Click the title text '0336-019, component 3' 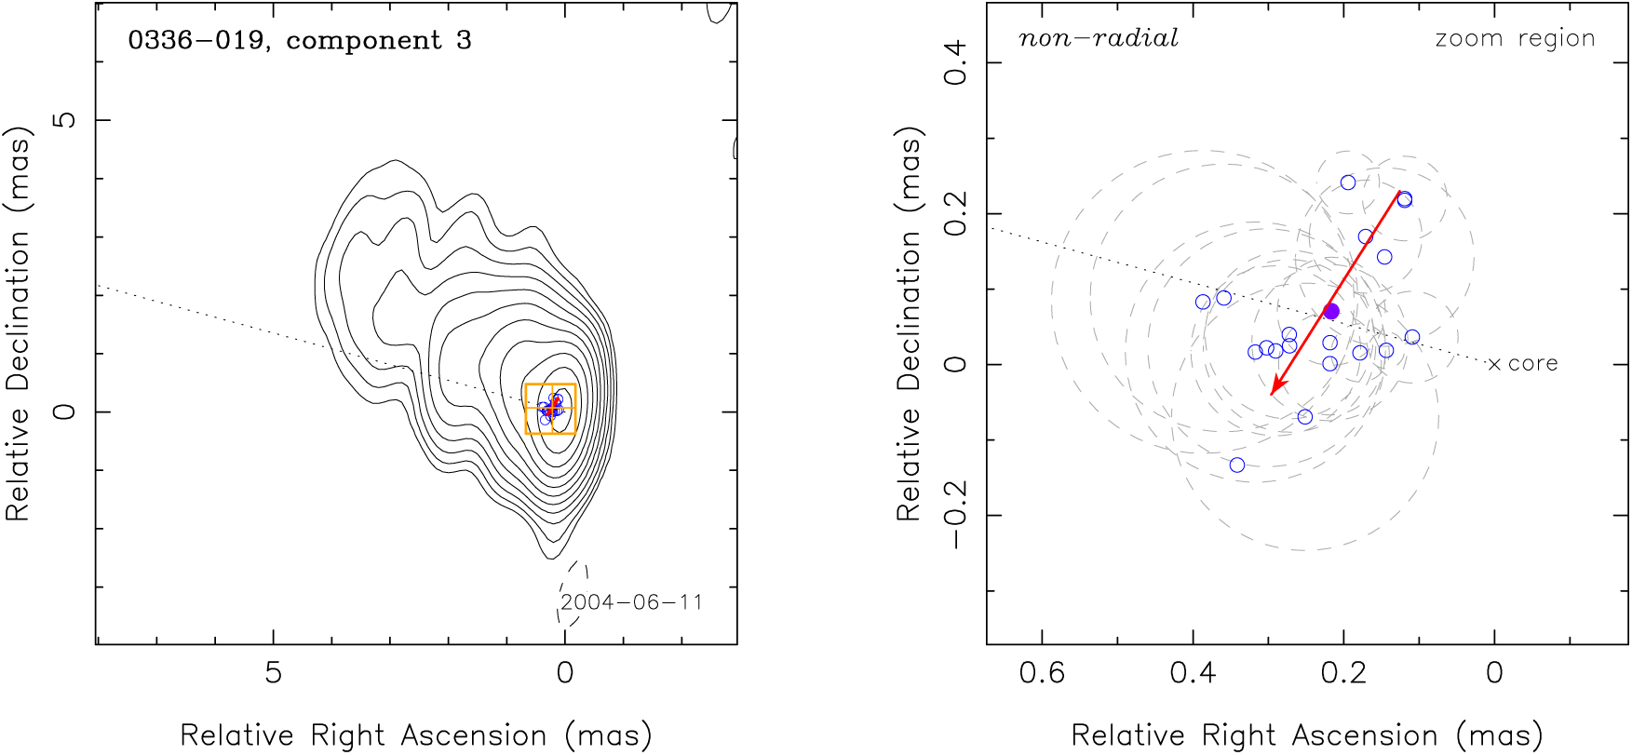coord(300,41)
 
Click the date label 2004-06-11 coord(631,602)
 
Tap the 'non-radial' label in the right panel coord(1099,38)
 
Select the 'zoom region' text coord(1515,38)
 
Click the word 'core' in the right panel coord(1532,364)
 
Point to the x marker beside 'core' coord(1494,364)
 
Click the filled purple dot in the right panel coord(1331,311)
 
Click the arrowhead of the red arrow coord(1275,390)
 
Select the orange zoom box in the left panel coord(550,409)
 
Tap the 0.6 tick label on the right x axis coord(1042,672)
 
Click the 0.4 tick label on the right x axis coord(1193,672)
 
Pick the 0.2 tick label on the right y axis coord(956,214)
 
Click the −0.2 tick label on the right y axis coord(956,515)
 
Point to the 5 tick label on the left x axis coord(273,672)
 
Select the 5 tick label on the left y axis coord(64,120)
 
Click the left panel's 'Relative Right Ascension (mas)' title coord(416,735)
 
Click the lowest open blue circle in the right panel coord(1237,465)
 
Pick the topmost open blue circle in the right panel coord(1348,182)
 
